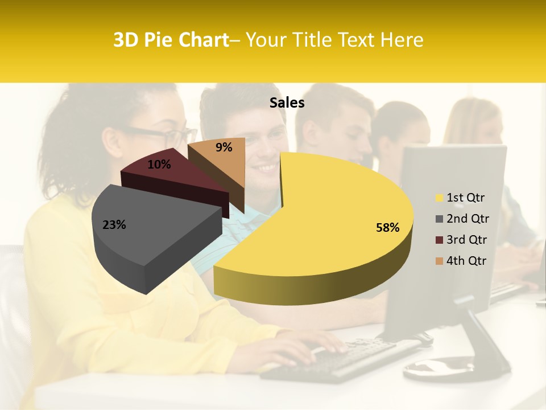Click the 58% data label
(x=387, y=228)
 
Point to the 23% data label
(x=114, y=225)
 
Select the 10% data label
(x=159, y=165)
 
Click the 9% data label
(x=224, y=147)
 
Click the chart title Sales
(x=287, y=103)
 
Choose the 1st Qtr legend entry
(x=465, y=198)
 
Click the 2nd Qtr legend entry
(x=467, y=219)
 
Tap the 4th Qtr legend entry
(x=466, y=261)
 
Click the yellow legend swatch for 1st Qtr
(x=439, y=198)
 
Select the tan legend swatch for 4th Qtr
(x=439, y=261)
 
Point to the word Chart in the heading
(x=198, y=40)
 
